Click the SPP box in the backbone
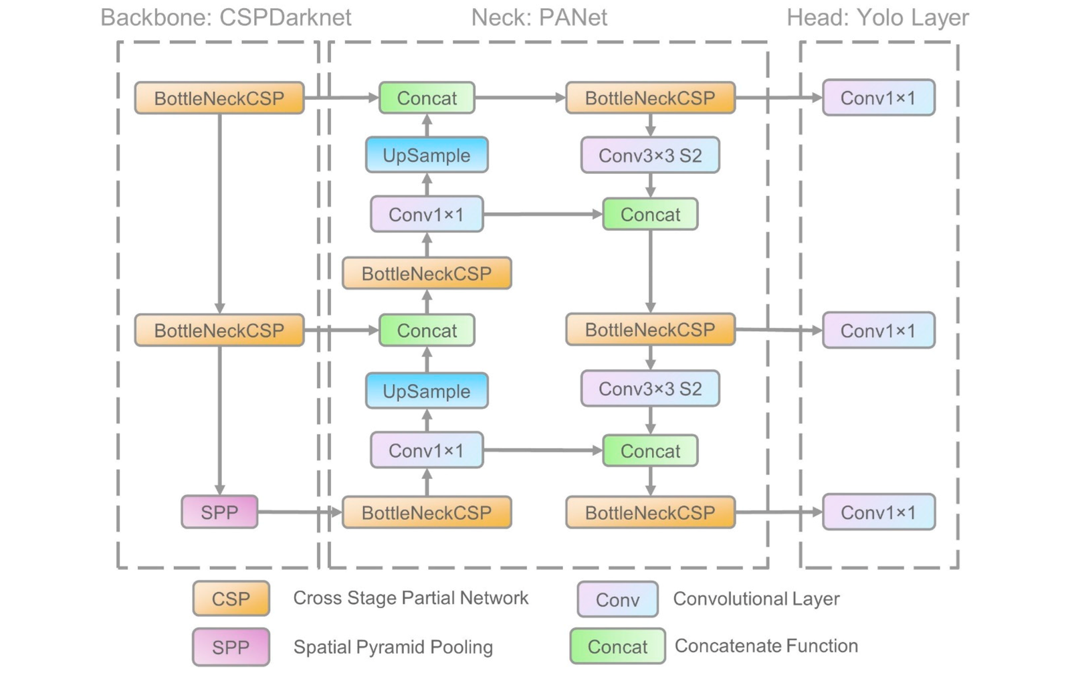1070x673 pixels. coord(219,512)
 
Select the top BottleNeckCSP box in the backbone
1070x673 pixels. coord(219,98)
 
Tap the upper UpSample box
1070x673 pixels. coord(427,155)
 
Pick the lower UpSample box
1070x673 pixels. coord(427,391)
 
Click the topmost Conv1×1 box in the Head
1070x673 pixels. coord(878,98)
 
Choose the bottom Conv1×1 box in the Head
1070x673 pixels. coord(878,512)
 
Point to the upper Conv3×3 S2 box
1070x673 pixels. coord(650,155)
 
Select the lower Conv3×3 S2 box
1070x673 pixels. coord(650,389)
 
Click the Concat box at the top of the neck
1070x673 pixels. coord(427,98)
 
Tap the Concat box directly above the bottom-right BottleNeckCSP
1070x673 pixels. coord(650,450)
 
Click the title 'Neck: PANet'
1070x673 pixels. coord(539,17)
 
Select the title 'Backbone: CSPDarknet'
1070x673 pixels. coord(225,17)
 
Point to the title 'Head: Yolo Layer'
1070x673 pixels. coord(877,17)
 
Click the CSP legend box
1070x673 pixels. coord(231,598)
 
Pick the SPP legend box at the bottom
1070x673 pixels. coord(231,647)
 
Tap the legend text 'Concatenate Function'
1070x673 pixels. coord(766,646)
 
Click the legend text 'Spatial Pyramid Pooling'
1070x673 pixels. coord(393,647)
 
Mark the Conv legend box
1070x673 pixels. coord(617,599)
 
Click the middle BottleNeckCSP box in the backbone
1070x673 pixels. coord(219,330)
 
